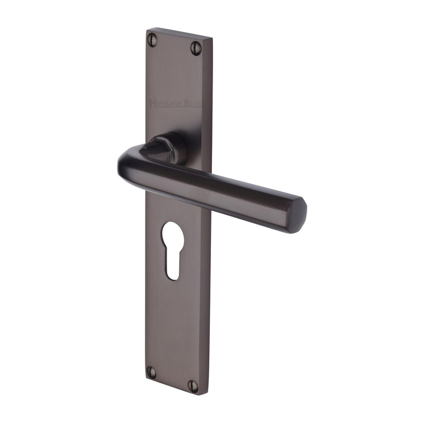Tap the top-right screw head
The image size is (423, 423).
click(196, 48)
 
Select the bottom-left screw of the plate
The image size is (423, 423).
click(151, 372)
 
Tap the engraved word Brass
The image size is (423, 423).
click(193, 104)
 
